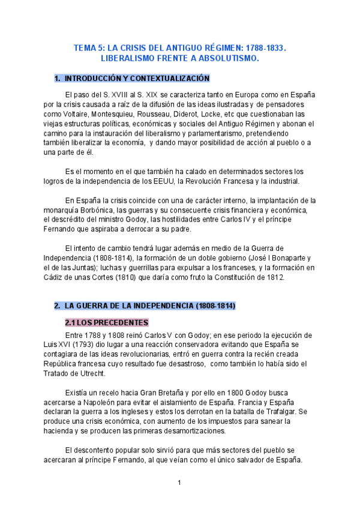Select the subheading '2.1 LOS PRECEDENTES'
(106, 322)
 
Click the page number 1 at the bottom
(179, 483)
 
